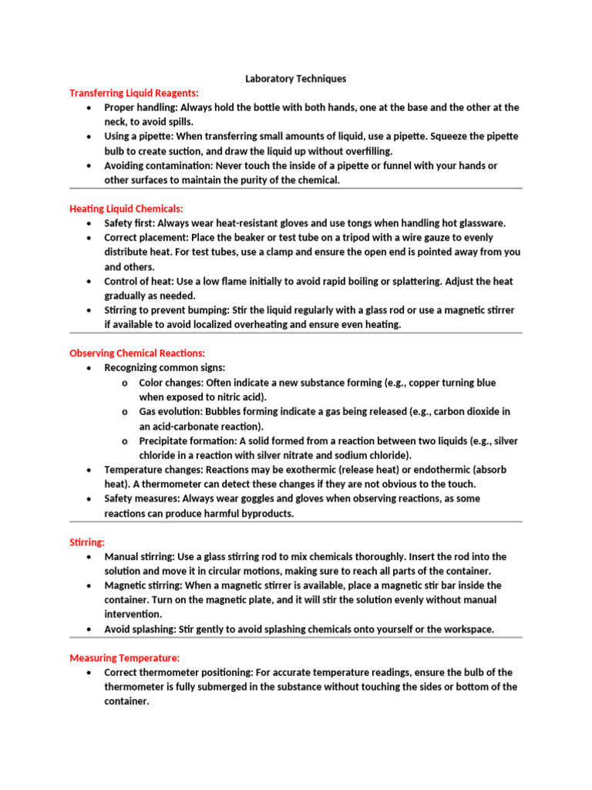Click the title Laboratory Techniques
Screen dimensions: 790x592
[295, 79]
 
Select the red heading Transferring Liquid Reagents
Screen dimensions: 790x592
[134, 93]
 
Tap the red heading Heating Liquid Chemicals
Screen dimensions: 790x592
[126, 208]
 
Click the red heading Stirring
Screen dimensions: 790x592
[87, 542]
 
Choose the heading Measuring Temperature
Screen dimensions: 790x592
[125, 658]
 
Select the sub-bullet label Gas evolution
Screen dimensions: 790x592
[170, 412]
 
